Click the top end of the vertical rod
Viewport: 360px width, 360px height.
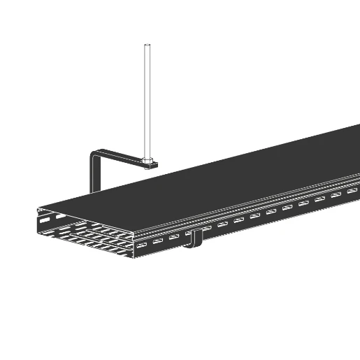tap(147, 46)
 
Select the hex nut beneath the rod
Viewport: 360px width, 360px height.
tap(147, 164)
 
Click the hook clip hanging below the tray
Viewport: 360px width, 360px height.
tap(196, 238)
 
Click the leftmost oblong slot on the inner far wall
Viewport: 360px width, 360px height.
tap(45, 219)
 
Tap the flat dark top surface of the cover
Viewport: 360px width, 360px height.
tap(231, 175)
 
